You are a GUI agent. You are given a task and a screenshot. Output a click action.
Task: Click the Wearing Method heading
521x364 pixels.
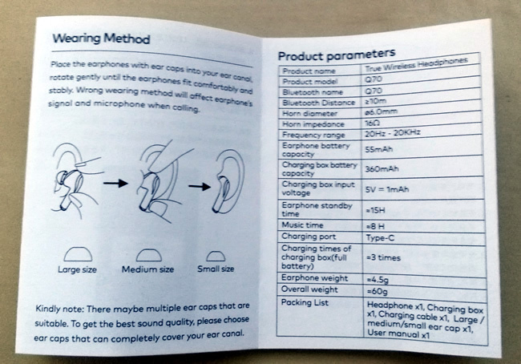point(101,39)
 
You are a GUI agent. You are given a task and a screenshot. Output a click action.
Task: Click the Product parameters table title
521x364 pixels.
point(337,55)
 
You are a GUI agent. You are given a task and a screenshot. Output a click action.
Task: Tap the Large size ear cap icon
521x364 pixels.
point(78,254)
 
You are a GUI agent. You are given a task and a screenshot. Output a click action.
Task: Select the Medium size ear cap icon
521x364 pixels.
point(149,255)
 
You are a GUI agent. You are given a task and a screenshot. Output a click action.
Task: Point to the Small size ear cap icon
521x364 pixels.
point(216,256)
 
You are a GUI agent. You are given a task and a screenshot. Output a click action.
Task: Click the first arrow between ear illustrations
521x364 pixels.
point(115,183)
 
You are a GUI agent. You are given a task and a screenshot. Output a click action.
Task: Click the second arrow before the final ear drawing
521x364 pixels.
point(200,186)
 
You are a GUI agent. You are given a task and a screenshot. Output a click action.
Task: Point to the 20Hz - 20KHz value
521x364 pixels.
point(393,133)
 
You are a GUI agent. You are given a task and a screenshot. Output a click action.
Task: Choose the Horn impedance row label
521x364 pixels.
point(313,124)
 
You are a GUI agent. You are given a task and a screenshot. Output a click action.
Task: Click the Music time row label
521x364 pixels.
point(302,225)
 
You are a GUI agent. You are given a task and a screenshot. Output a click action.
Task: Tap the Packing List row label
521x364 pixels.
point(305,302)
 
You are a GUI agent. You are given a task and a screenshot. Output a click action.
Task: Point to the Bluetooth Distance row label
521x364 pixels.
point(319,103)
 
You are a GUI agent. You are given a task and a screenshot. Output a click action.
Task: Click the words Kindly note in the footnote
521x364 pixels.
point(60,309)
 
